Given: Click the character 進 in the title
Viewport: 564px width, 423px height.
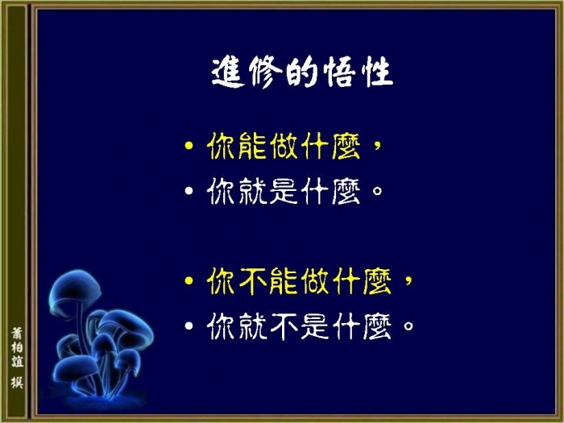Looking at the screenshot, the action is click(228, 72).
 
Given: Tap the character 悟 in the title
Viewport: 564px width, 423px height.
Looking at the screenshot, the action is click(339, 72).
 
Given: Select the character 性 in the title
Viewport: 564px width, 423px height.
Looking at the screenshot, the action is click(376, 72).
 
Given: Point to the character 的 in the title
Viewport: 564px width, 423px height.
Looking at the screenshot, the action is click(301, 72).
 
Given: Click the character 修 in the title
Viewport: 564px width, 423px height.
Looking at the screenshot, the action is click(265, 72).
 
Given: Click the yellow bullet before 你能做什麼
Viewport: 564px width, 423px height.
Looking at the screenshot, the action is click(189, 145).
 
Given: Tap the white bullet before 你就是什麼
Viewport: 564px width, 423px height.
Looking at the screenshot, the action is click(189, 191).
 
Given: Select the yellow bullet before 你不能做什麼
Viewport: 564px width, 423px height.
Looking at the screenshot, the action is click(189, 280).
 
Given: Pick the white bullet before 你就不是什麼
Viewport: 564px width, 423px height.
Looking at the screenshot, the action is click(189, 326).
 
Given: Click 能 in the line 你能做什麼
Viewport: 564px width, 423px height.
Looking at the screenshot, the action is click(252, 145).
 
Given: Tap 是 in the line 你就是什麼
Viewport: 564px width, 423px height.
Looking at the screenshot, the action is click(284, 191).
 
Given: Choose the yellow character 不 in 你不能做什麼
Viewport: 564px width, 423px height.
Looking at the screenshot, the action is click(252, 281).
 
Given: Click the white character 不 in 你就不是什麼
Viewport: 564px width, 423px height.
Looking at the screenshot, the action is click(284, 326).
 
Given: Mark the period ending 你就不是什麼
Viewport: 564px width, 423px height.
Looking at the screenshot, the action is click(408, 326).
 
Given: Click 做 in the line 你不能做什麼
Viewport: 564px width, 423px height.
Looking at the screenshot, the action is click(315, 281).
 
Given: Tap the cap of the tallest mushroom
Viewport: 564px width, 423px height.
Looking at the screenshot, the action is click(75, 289).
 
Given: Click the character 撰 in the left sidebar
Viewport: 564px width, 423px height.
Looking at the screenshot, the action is click(17, 383).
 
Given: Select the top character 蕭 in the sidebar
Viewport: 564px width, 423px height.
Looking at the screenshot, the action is click(17, 334).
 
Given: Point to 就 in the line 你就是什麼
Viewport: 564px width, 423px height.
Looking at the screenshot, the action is click(252, 191).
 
